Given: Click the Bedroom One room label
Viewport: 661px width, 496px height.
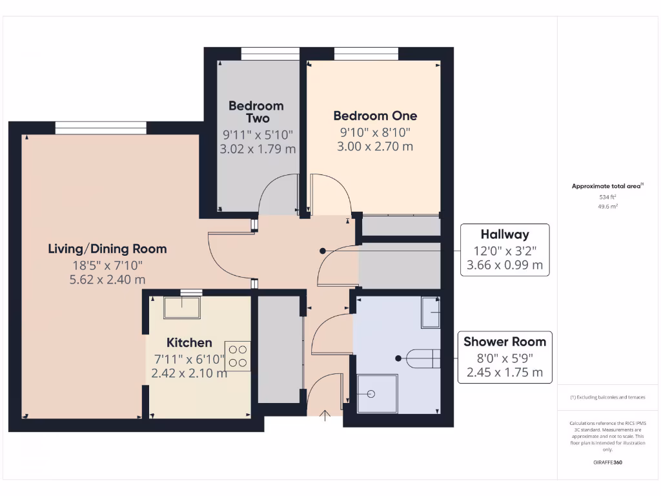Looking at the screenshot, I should (375, 116).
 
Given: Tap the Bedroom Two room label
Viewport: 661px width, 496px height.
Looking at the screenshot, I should (256, 112).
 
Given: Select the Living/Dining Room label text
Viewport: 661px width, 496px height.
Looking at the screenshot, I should (107, 249).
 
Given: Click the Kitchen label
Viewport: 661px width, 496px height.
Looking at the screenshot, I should (189, 342).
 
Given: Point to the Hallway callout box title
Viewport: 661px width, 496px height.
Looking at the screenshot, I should (504, 234).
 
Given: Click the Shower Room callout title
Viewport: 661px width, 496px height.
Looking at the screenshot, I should (504, 342).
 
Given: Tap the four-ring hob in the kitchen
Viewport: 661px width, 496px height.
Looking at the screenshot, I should (238, 355).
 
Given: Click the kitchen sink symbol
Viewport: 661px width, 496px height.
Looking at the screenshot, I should (181, 308).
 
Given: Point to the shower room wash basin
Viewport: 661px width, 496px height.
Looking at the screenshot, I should (431, 313).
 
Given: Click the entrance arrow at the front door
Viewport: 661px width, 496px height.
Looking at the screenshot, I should (325, 414).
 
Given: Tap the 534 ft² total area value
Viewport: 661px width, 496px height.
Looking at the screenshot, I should (608, 197).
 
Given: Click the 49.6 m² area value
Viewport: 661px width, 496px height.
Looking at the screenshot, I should (608, 207).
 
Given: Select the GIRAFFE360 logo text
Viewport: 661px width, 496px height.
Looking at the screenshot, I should (608, 462).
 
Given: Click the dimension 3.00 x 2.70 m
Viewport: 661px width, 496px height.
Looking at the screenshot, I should (375, 147).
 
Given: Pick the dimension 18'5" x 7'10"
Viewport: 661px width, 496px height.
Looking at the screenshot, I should (107, 265).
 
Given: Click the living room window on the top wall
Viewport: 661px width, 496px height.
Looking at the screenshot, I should (101, 128).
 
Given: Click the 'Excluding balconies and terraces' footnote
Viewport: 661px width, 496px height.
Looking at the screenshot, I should (608, 397).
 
